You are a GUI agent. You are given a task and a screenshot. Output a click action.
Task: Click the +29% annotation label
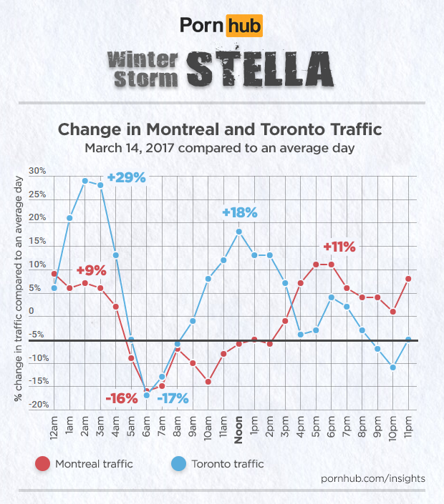[x=126, y=177]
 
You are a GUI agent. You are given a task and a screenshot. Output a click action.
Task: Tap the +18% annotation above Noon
[x=239, y=212]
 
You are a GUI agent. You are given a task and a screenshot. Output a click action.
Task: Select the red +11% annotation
[x=339, y=247]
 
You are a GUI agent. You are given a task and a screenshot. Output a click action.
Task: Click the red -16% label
[x=121, y=397]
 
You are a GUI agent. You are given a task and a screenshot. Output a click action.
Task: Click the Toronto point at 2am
[x=85, y=181]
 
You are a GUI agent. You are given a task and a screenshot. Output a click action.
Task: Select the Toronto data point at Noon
[x=239, y=231]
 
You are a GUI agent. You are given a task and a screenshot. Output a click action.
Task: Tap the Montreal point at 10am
[x=208, y=382]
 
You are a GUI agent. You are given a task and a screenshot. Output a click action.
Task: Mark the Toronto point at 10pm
[x=393, y=367]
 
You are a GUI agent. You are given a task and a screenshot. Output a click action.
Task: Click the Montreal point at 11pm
[x=408, y=279]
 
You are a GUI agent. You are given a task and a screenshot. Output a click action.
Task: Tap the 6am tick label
[x=147, y=426]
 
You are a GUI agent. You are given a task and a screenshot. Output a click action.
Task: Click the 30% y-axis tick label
[x=37, y=172]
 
